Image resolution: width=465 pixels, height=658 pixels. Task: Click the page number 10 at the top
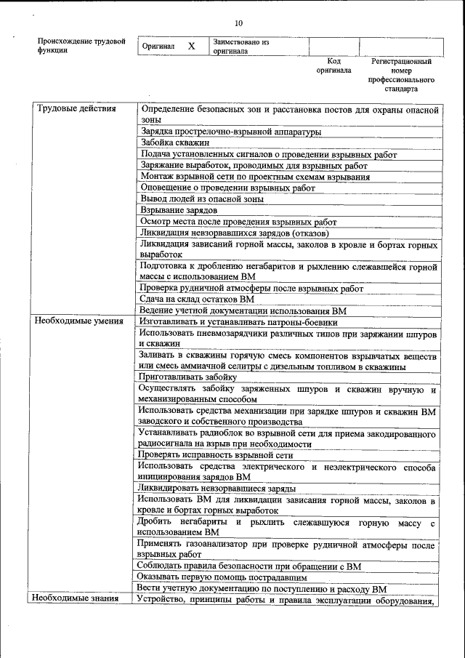[x=239, y=23]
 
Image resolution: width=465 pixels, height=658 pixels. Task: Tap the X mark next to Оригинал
[x=192, y=47]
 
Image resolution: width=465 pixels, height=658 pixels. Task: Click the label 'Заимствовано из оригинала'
[x=240, y=47]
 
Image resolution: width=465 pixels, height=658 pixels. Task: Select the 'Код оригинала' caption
[x=333, y=66]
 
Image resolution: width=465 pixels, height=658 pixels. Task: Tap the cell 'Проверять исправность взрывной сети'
[x=219, y=454]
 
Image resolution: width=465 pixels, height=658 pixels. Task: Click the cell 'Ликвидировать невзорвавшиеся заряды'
[x=217, y=489]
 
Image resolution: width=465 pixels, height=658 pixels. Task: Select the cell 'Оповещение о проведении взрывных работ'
[x=227, y=188]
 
